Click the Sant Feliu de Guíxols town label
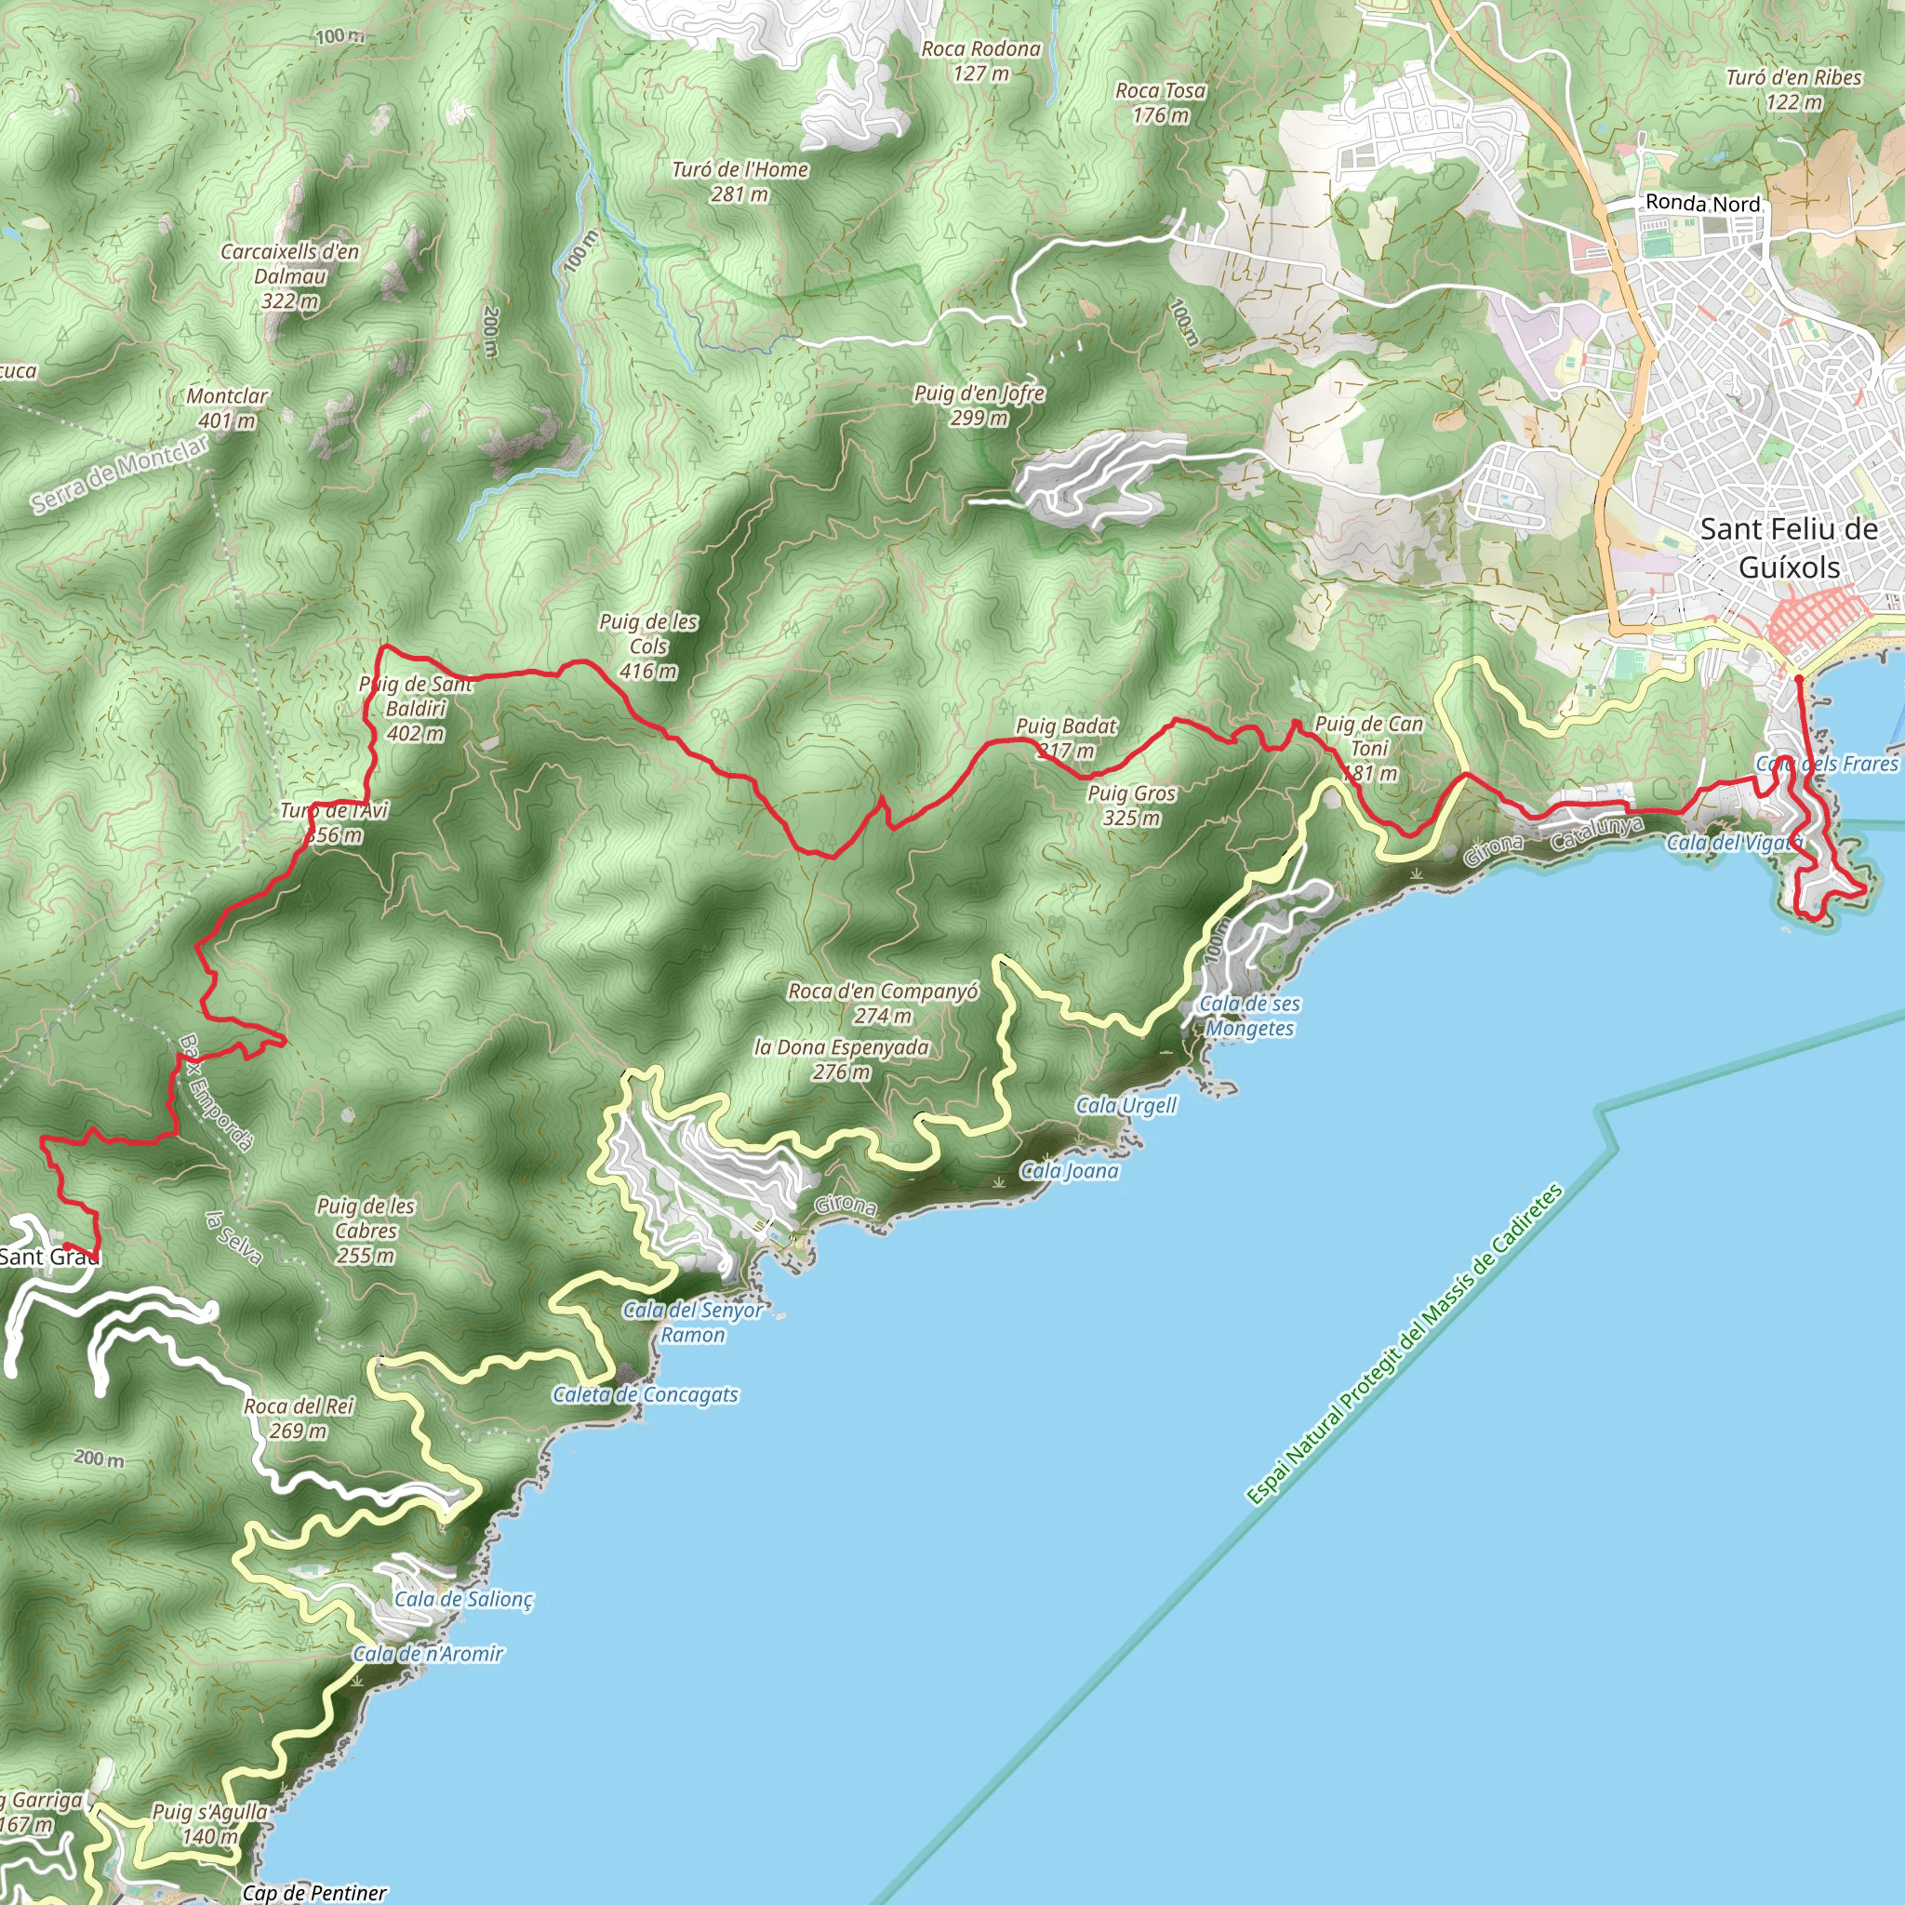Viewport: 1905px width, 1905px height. pos(1789,548)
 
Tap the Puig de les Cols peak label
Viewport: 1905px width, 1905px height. pos(647,646)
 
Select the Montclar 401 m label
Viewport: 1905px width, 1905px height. pos(227,408)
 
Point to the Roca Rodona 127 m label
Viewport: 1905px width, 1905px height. pos(981,60)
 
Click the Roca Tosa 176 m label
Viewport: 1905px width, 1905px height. pos(1161,102)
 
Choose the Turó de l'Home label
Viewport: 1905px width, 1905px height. pos(739,181)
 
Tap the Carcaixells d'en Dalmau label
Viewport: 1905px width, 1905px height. pos(290,276)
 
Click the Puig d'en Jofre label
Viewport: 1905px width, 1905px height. pos(979,406)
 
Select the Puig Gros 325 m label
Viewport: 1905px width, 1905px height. pos(1132,805)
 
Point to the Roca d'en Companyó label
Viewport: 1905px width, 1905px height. pos(883,1003)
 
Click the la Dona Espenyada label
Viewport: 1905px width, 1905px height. pos(841,1059)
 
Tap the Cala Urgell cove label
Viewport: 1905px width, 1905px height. pos(1126,1105)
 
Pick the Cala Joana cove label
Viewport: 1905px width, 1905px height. pos(1069,1171)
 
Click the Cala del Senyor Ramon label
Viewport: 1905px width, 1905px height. pos(692,1323)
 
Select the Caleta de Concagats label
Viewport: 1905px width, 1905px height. pos(645,1395)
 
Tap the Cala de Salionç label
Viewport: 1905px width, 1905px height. pos(463,1598)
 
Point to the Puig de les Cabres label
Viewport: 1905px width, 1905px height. pos(366,1231)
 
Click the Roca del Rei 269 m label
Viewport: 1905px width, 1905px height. pos(298,1418)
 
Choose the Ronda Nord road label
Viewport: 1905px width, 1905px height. pos(1703,203)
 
